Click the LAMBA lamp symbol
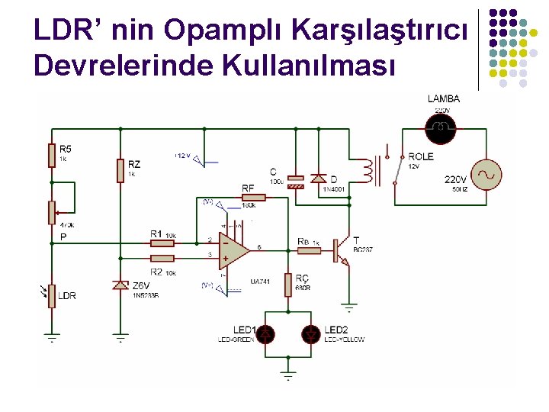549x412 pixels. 440,127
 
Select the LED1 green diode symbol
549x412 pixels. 265,333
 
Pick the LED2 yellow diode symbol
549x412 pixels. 310,333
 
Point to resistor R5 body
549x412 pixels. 51,155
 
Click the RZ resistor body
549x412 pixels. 120,170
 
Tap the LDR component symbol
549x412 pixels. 51,295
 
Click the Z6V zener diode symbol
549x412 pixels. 120,285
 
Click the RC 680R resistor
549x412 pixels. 288,284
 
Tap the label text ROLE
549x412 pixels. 420,156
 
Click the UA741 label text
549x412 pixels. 262,281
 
